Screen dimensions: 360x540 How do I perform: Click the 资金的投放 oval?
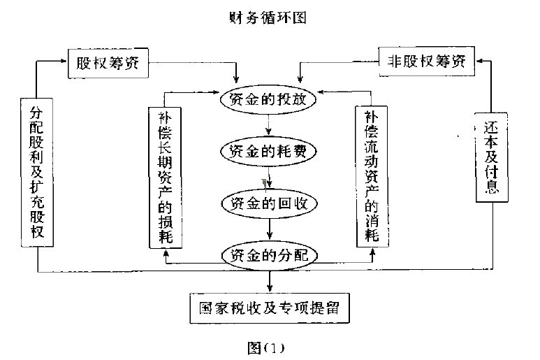click(269, 99)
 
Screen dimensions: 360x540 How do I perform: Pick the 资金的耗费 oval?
click(269, 150)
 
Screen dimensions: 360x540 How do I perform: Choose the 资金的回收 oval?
click(269, 203)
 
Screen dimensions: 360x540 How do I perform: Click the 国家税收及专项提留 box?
click(269, 307)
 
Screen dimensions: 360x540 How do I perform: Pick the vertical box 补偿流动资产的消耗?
click(371, 175)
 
